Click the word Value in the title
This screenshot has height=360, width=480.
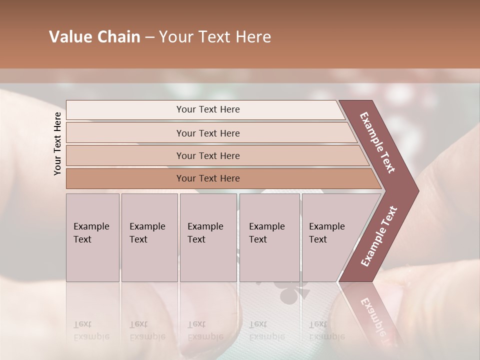point(69,37)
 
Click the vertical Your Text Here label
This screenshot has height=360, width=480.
point(57,143)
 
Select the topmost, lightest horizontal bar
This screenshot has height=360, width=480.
point(207,109)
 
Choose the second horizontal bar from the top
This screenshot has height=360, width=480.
point(207,133)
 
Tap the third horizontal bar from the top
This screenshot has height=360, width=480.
point(207,155)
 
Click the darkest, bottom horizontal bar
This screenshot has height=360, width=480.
point(207,178)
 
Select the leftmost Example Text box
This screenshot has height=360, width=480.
point(92,237)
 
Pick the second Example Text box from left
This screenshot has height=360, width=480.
point(149,237)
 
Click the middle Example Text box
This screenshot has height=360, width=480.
point(208,237)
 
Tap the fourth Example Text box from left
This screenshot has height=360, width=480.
point(269,237)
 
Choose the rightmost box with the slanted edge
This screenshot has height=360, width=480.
point(330,237)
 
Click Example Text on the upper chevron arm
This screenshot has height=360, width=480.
point(377,142)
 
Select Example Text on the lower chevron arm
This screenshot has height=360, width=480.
point(379,236)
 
